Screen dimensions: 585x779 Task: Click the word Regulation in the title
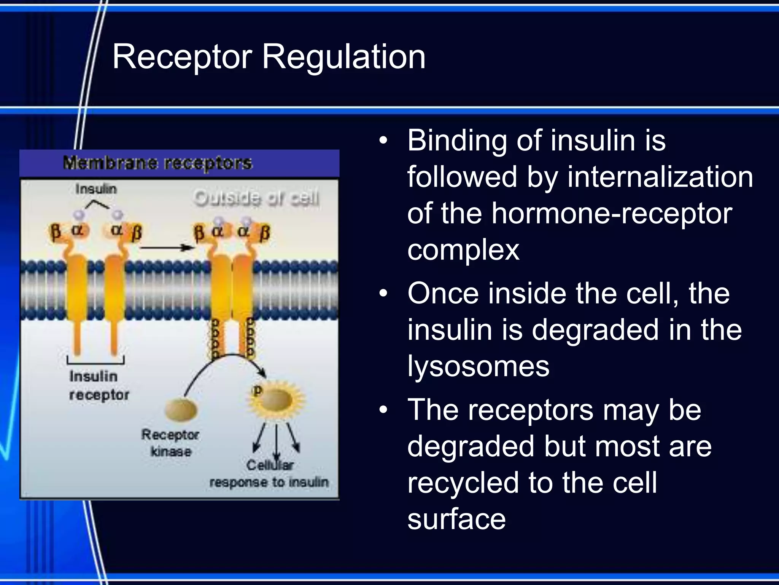[344, 57]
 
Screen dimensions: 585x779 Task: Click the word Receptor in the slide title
[182, 57]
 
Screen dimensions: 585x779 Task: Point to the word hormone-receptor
[612, 213]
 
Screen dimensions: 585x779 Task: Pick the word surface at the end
[456, 519]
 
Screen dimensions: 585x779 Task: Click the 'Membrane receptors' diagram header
[157, 163]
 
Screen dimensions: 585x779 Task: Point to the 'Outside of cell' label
[256, 198]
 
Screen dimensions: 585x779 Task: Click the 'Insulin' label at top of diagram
[96, 189]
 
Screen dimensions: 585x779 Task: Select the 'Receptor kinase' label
[170, 443]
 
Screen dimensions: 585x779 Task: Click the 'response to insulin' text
[269, 482]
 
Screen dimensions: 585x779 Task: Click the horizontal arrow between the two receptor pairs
[166, 248]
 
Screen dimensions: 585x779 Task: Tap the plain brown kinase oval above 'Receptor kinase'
[181, 410]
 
